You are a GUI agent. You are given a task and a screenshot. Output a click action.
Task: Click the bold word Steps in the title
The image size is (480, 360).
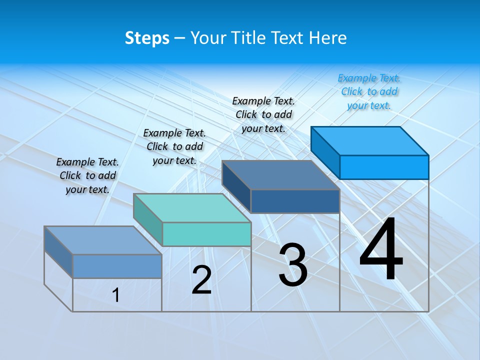click(x=147, y=38)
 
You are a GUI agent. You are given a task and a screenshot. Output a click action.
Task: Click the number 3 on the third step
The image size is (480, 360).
click(x=293, y=265)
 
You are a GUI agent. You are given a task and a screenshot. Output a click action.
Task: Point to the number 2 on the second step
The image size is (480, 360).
click(x=201, y=280)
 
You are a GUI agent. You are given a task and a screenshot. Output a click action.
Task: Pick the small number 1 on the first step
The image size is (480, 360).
click(x=116, y=295)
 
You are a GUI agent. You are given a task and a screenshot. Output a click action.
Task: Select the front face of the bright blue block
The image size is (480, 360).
click(x=384, y=167)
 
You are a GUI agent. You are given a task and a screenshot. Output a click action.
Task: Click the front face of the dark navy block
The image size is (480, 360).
click(x=295, y=201)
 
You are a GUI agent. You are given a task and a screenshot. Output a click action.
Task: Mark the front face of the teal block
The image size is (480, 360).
click(x=206, y=234)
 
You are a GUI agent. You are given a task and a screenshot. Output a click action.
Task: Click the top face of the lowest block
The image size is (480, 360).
click(x=102, y=240)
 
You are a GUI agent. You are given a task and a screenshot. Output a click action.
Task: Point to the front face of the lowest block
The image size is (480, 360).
click(x=117, y=266)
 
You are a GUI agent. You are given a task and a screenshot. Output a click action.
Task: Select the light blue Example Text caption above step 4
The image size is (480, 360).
click(x=369, y=91)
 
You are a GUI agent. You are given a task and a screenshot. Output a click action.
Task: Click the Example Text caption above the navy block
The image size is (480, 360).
click(x=263, y=114)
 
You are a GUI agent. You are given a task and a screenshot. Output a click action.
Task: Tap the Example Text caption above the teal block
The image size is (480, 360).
click(x=174, y=146)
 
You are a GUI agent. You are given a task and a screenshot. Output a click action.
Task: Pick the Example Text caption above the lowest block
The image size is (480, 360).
click(x=87, y=175)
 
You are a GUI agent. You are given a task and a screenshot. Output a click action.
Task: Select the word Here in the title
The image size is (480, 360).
click(x=327, y=38)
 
